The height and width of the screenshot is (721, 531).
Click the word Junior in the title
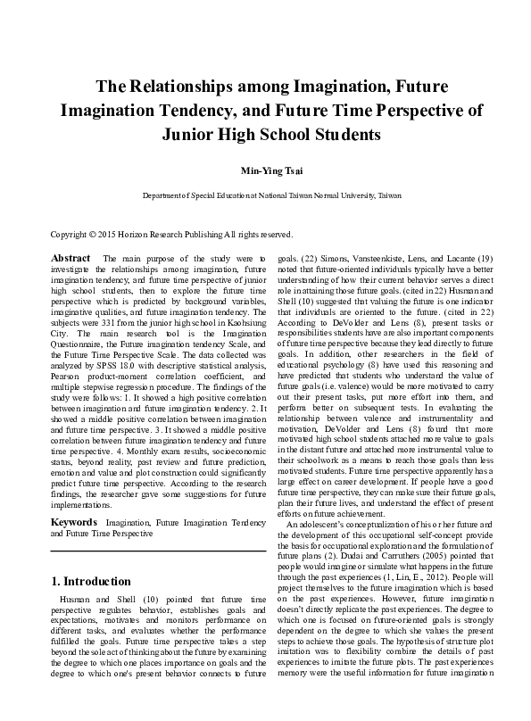(192, 135)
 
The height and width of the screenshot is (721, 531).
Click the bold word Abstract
(71, 257)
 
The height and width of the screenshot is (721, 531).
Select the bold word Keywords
(73, 520)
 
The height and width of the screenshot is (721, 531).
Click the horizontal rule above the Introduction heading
(158, 551)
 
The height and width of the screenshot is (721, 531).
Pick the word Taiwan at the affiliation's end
(388, 195)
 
